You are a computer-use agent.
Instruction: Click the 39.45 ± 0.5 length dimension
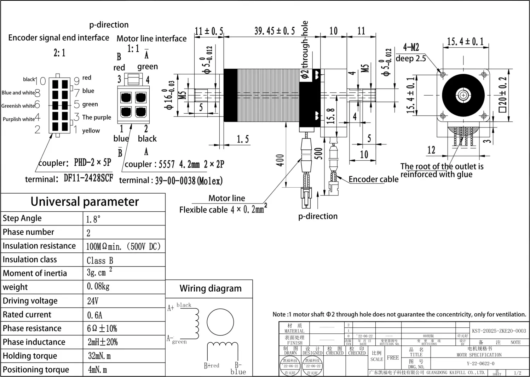pos(274,31)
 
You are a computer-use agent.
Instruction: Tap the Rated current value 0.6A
pos(94,315)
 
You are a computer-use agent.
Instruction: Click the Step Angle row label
pos(22,218)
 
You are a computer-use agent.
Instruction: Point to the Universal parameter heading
pos(85,202)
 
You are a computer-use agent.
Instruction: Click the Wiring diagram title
pos(210,289)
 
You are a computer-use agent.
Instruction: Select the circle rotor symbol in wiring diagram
pos(220,323)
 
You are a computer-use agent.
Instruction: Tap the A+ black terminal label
pos(179,306)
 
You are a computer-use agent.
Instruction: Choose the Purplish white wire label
pos(19,119)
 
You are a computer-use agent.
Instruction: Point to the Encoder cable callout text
pos(373,179)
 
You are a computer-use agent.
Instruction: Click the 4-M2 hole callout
pos(411,47)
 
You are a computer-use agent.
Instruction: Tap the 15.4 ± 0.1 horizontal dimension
pos(465,42)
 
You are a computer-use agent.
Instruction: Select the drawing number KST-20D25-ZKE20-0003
pos(499,331)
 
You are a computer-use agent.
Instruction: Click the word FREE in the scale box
pos(393,358)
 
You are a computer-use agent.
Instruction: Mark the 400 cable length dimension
pos(280,160)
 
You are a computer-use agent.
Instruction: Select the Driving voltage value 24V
pos(93,301)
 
